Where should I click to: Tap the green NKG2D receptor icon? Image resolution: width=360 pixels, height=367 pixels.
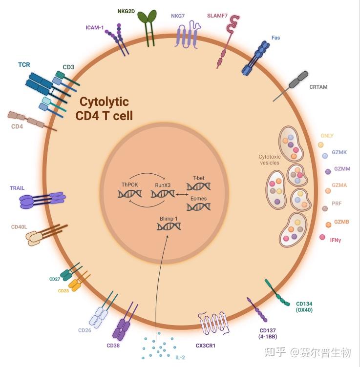click(147, 24)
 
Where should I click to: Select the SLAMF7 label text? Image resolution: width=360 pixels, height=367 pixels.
click(217, 15)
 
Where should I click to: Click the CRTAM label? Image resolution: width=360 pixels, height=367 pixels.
click(318, 87)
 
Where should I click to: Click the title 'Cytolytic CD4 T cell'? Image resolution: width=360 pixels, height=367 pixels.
click(104, 109)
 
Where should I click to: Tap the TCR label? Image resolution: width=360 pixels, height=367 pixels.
click(24, 64)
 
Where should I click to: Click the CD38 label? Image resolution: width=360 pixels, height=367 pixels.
click(113, 346)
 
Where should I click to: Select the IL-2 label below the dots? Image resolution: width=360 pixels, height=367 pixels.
click(180, 357)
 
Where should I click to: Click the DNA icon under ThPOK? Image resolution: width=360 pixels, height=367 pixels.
click(129, 194)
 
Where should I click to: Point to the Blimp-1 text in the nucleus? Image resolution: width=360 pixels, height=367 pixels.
click(168, 218)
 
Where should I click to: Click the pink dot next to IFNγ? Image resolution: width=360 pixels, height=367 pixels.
click(322, 237)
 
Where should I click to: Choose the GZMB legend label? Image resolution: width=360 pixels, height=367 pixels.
click(341, 222)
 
